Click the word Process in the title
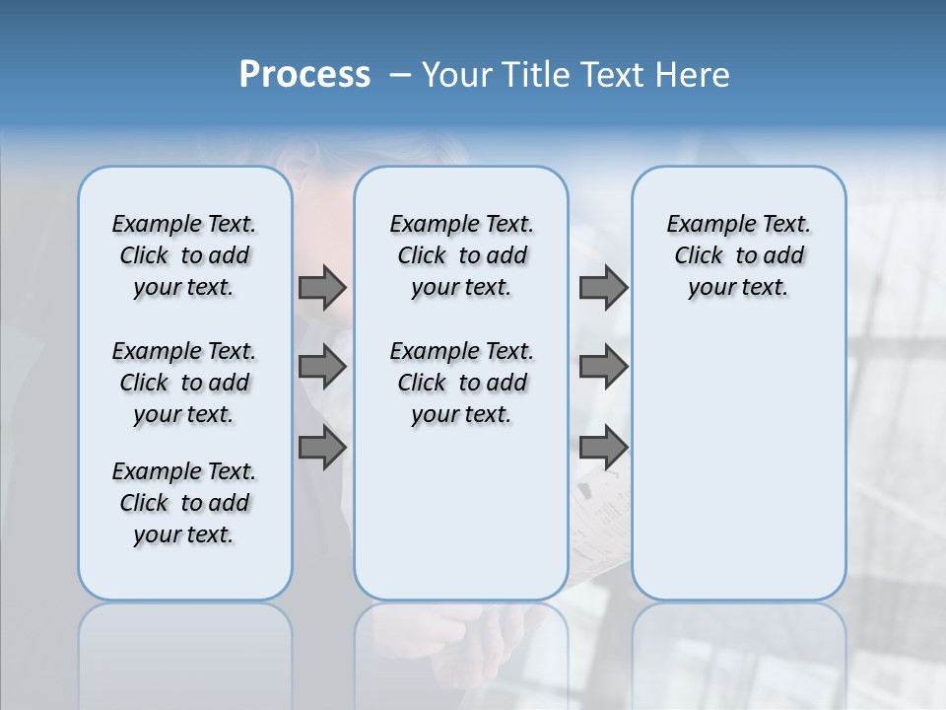[304, 75]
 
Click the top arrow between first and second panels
[322, 287]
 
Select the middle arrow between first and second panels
[322, 367]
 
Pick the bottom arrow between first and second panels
[322, 449]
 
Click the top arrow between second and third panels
[603, 287]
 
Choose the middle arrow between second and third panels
[603, 367]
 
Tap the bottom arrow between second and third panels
[603, 449]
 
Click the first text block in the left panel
[184, 255]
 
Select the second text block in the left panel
[184, 383]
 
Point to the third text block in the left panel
[184, 503]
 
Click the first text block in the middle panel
[461, 255]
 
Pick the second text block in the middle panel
[461, 383]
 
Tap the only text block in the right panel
[738, 255]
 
